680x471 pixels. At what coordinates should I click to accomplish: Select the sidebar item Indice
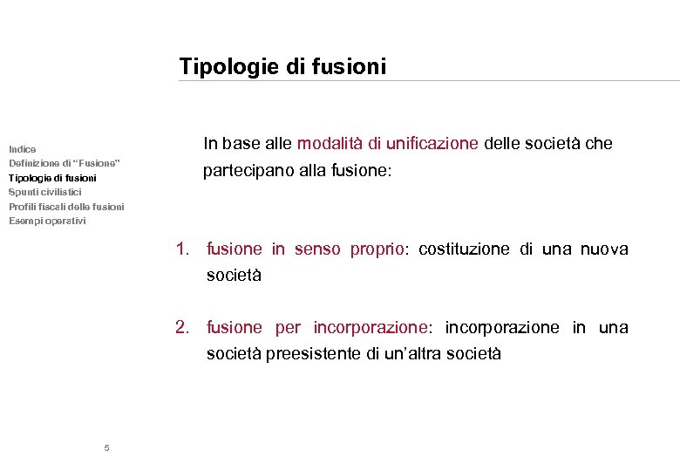coord(23,149)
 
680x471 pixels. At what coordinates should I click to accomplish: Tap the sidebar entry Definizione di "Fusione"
coord(65,163)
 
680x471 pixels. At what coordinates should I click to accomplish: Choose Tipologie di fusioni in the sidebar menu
coord(52,178)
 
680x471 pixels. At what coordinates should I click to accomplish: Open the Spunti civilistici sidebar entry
coord(45,192)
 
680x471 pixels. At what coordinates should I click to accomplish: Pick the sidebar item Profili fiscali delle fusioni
coord(66,207)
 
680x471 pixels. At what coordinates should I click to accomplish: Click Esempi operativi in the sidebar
coord(47,221)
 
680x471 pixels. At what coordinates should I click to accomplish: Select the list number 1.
coord(181,249)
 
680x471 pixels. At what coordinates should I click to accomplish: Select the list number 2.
coord(181,327)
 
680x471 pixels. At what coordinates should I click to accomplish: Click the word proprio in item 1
coord(377,249)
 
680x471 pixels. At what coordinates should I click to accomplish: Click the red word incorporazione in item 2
coord(371,327)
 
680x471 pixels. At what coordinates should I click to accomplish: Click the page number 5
coord(106,448)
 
